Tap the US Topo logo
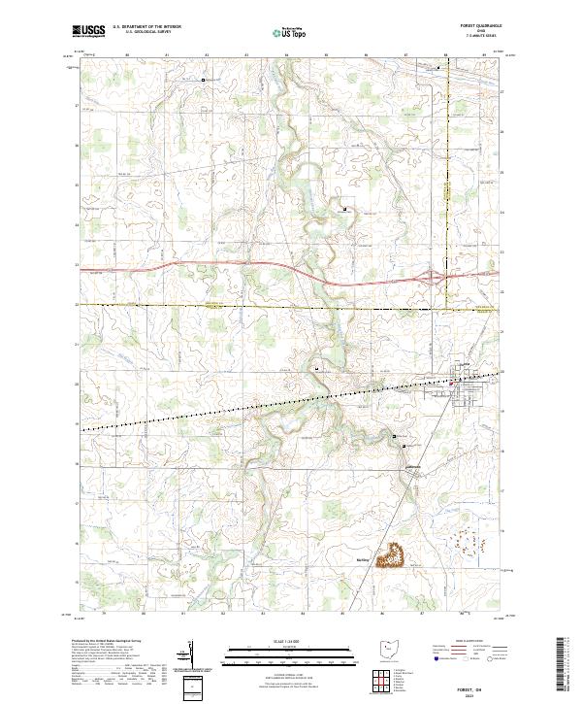(290, 32)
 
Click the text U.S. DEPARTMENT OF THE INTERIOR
(146, 27)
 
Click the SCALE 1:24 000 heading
(289, 640)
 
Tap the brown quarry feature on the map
(395, 555)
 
